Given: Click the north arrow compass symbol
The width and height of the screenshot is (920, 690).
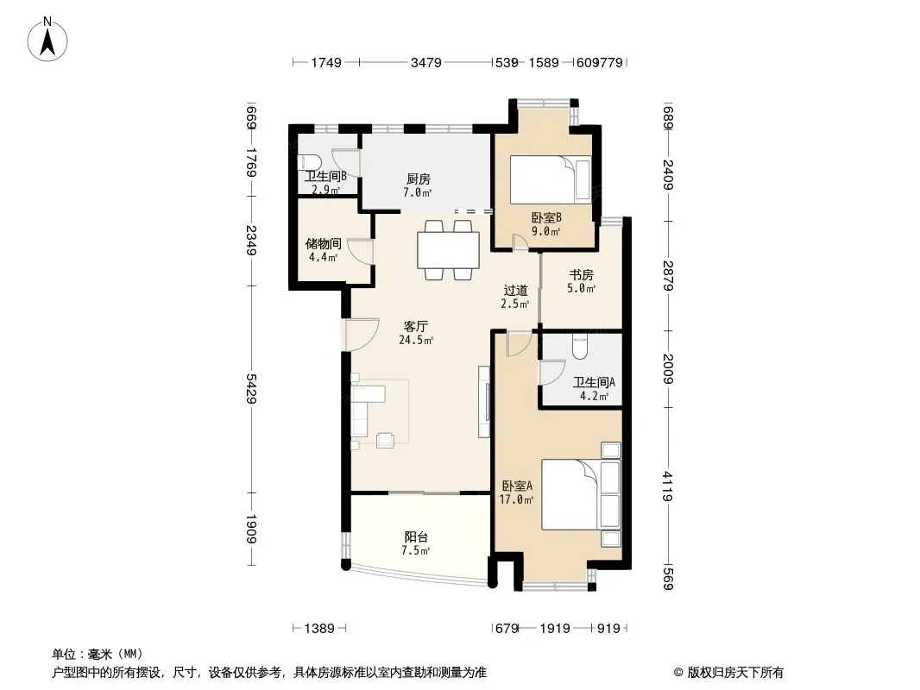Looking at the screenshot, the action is pyautogui.click(x=47, y=40).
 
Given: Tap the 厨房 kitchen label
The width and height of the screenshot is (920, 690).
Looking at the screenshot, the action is pyautogui.click(x=419, y=179).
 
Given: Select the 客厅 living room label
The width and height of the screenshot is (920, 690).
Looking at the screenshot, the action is pyautogui.click(x=415, y=326).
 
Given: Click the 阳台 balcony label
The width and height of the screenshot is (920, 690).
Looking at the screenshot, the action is pyautogui.click(x=416, y=536).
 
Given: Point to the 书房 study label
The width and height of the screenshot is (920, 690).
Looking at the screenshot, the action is pyautogui.click(x=582, y=274).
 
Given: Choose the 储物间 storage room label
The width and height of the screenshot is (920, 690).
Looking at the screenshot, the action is pyautogui.click(x=324, y=243).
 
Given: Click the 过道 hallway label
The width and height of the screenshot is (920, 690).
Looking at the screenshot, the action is pyautogui.click(x=516, y=290).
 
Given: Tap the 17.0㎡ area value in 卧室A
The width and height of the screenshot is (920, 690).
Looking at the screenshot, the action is pyautogui.click(x=516, y=500).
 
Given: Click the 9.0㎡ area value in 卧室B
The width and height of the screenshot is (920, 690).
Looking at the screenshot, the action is pyautogui.click(x=546, y=231).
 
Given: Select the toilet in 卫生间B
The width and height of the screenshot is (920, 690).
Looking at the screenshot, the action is pyautogui.click(x=308, y=162).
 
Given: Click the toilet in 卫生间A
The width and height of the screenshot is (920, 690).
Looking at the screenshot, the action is pyautogui.click(x=580, y=347).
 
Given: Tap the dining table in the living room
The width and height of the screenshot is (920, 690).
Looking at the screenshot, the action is pyautogui.click(x=448, y=250).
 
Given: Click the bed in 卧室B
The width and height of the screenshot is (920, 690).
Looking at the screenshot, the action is pyautogui.click(x=551, y=179).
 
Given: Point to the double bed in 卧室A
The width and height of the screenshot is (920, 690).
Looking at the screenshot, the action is pyautogui.click(x=581, y=495).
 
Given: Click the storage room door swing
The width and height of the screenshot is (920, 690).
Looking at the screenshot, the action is pyautogui.click(x=360, y=253).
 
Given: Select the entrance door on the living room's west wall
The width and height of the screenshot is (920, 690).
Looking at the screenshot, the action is pyautogui.click(x=361, y=334).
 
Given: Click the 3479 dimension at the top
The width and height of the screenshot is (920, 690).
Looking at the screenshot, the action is pyautogui.click(x=426, y=62).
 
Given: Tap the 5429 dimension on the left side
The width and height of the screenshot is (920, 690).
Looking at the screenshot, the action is pyautogui.click(x=251, y=388).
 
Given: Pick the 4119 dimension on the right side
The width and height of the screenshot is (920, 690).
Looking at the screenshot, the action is pyautogui.click(x=667, y=486).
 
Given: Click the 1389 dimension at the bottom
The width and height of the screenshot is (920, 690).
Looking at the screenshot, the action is pyautogui.click(x=319, y=629).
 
